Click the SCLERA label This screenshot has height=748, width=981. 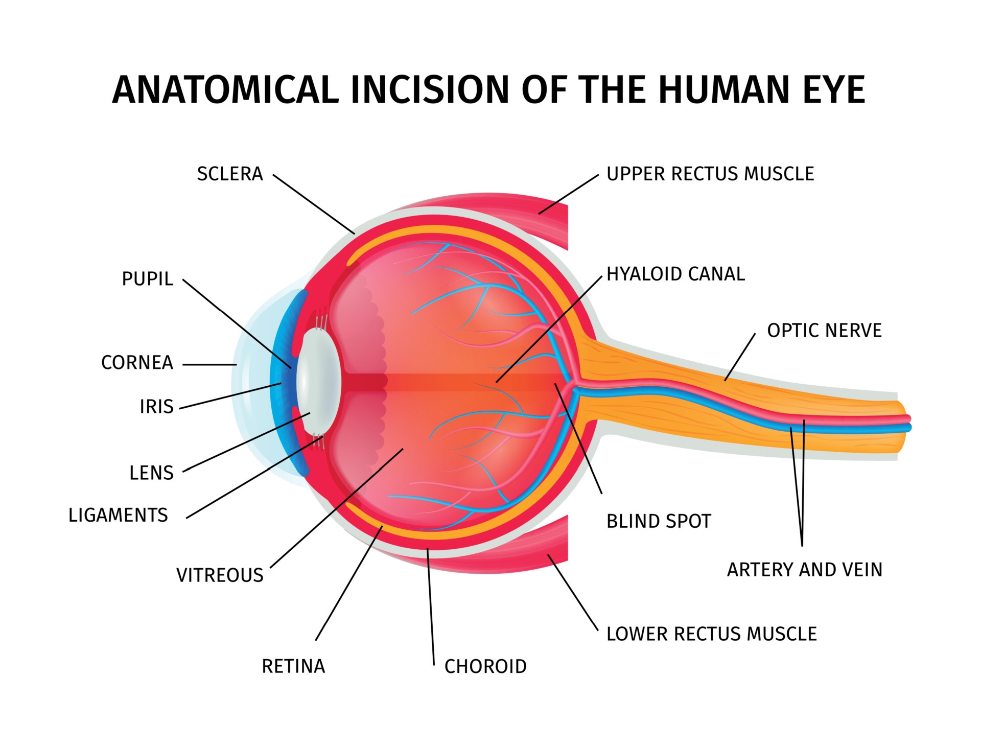tap(230, 174)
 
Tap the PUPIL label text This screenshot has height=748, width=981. tap(148, 279)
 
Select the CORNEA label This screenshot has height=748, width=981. tap(137, 363)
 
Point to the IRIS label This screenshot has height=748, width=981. tap(157, 407)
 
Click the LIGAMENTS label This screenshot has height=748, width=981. tap(118, 515)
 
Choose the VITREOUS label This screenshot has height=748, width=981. tap(220, 575)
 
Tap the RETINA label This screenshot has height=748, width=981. tap(293, 666)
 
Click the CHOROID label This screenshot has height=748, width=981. tap(485, 666)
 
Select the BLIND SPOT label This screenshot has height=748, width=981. tap(659, 521)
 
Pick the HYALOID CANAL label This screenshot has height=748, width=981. tap(675, 274)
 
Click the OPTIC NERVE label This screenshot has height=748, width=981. tap(824, 330)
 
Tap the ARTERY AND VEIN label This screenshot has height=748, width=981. tap(805, 569)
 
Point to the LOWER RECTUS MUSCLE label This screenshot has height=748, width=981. tap(711, 634)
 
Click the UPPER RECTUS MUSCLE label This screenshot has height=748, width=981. tap(710, 174)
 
